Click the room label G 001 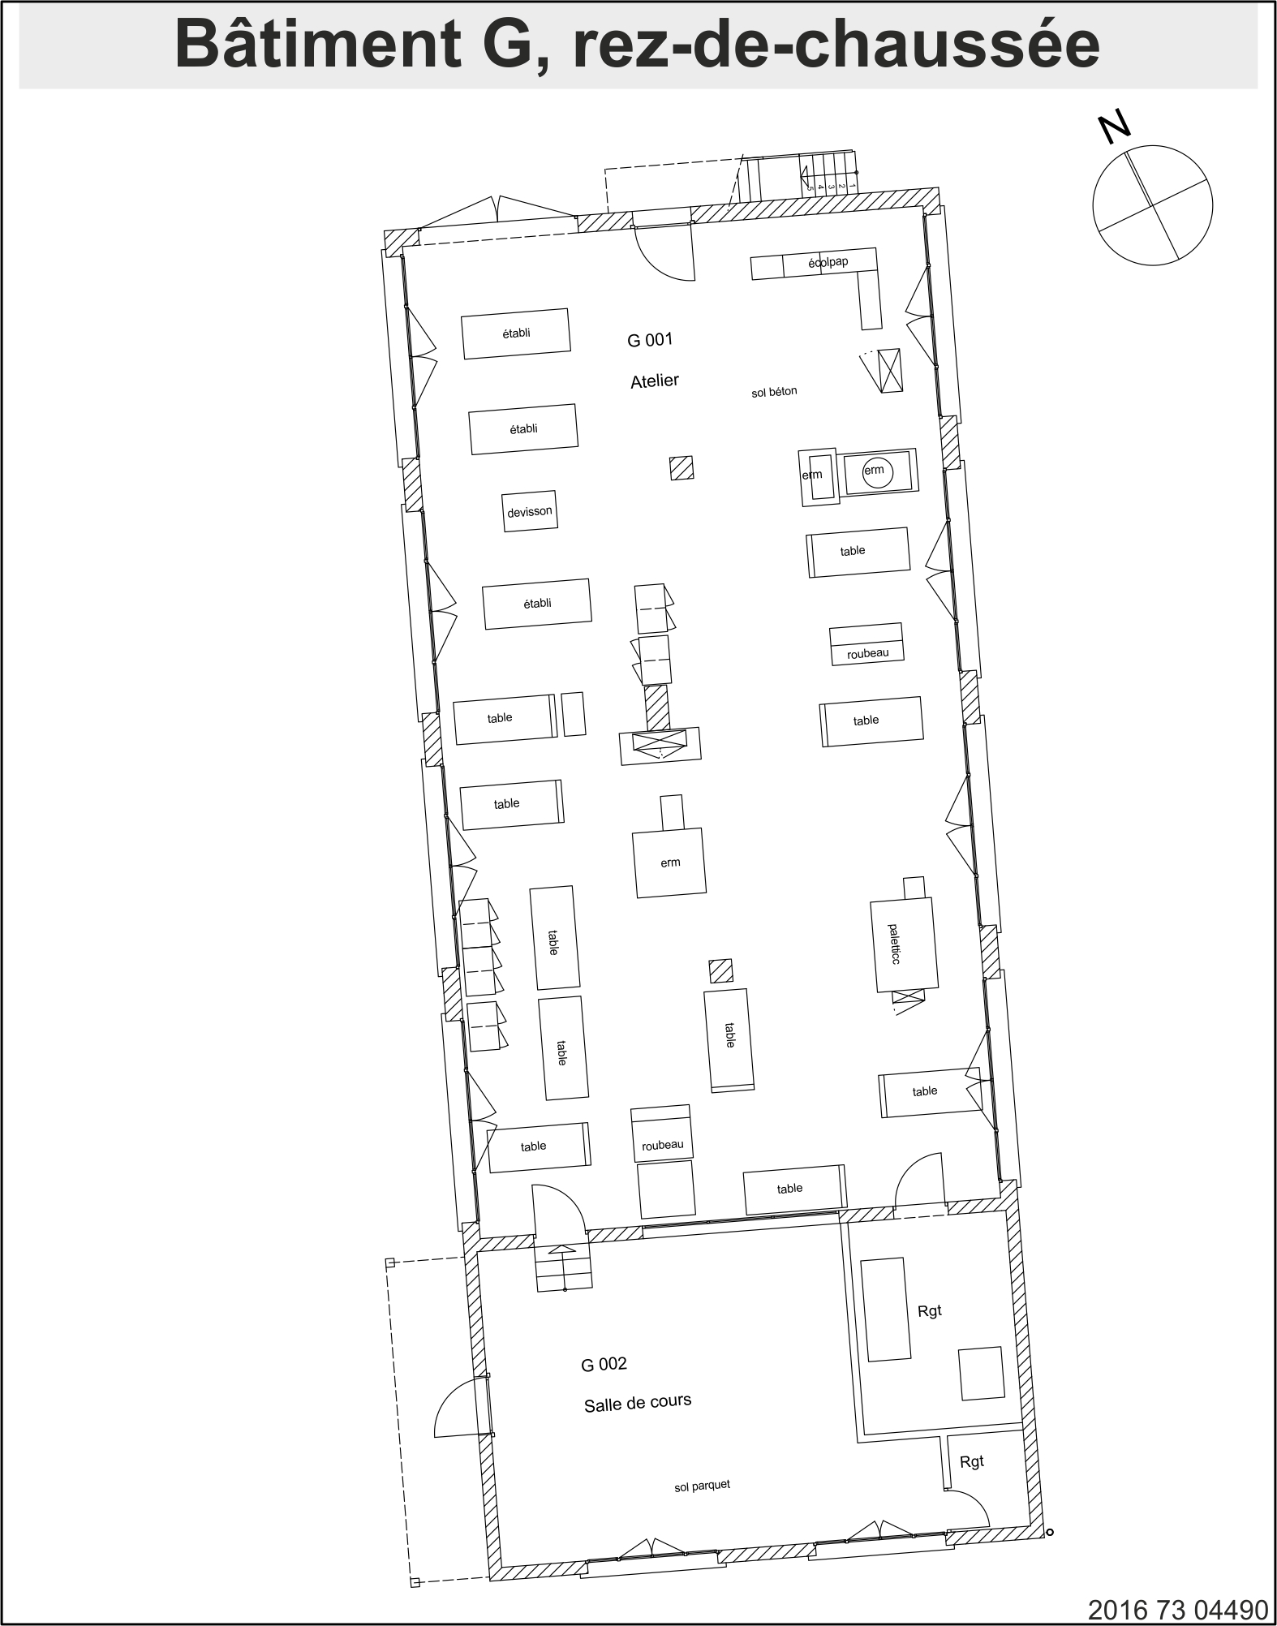tap(650, 340)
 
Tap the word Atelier tap(655, 381)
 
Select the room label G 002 tap(604, 1364)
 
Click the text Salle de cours tap(638, 1403)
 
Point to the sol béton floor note tap(774, 392)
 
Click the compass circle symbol tap(1153, 205)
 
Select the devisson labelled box tap(530, 511)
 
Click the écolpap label tap(828, 262)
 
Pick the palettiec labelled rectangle tap(905, 944)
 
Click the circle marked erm tap(875, 471)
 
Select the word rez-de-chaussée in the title tap(836, 45)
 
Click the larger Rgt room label tap(930, 1311)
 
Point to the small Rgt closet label tap(972, 1462)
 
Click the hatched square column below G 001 tap(681, 468)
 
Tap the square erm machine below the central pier tap(669, 862)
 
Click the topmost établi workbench tap(516, 333)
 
